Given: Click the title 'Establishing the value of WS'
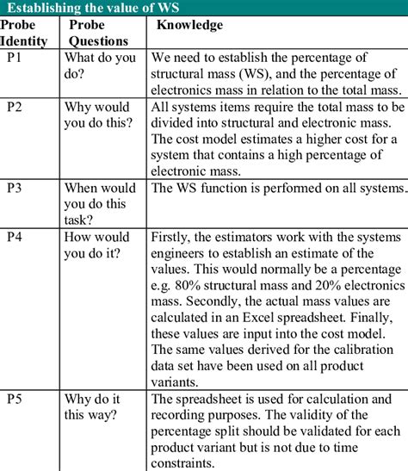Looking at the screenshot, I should click(93, 9).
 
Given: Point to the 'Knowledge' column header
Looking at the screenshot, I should click(190, 26).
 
